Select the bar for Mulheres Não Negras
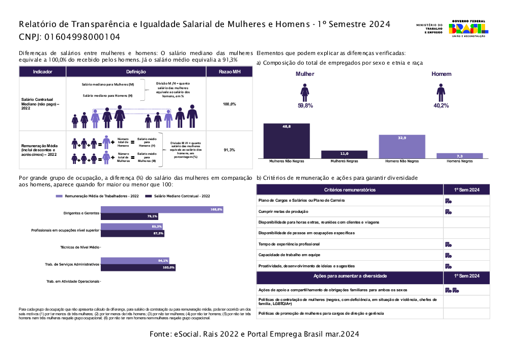pos(286,141)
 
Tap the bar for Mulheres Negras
pos(344,154)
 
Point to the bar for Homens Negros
pos(460,156)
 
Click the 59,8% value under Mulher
pos(305,105)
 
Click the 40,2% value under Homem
pos(441,105)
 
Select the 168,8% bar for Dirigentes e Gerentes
pos(161,210)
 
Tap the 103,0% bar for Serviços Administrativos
pos(137,267)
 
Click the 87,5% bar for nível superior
pos(132,233)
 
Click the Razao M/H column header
pos(229,72)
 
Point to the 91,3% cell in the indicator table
pos(229,150)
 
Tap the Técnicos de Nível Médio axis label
pos(79,247)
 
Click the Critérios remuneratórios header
pos(350,189)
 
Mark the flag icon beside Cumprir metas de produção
pos(448,211)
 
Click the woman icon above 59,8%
pos(305,92)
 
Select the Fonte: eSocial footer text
pos(254,334)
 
